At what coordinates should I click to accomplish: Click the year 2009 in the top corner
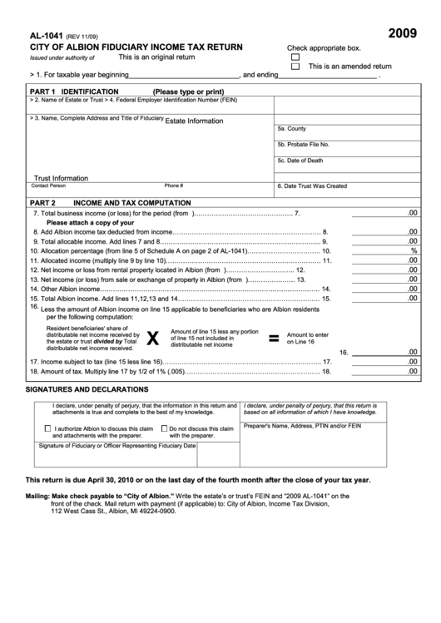click(x=403, y=34)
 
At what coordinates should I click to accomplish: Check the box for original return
click(x=295, y=57)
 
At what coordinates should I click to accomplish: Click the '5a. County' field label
click(x=292, y=129)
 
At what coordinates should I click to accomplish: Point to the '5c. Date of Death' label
click(x=300, y=161)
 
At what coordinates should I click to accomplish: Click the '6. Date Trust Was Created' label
click(x=312, y=186)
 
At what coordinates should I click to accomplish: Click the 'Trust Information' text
click(x=60, y=178)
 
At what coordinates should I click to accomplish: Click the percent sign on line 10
click(x=413, y=250)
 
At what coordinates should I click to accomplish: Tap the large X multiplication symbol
click(x=152, y=338)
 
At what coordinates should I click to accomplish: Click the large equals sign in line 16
click(x=272, y=338)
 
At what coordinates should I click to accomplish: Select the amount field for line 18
click(x=384, y=372)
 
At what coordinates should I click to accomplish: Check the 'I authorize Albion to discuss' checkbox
click(x=47, y=428)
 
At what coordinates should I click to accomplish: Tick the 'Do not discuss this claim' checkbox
click(x=163, y=428)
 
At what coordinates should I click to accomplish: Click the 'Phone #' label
click(x=173, y=186)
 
